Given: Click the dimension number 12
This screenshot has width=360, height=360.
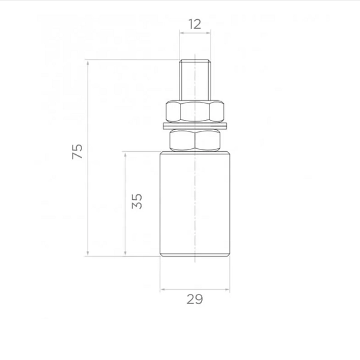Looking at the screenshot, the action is (x=194, y=24).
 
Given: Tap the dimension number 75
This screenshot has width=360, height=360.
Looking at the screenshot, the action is (x=77, y=152).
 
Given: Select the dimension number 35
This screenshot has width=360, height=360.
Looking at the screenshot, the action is (x=137, y=201).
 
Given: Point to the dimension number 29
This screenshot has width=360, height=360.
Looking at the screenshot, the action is (x=194, y=299).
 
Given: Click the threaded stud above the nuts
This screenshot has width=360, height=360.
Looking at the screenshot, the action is (x=195, y=80).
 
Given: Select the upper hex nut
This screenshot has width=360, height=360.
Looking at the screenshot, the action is (x=195, y=111).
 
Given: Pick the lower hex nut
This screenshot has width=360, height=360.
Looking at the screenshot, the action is (x=195, y=140).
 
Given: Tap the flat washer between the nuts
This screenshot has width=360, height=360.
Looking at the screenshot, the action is (x=195, y=125).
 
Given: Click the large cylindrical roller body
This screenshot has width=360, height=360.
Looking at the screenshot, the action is (x=195, y=203).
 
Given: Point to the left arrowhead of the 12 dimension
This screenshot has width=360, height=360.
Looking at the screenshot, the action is (x=181, y=33).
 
